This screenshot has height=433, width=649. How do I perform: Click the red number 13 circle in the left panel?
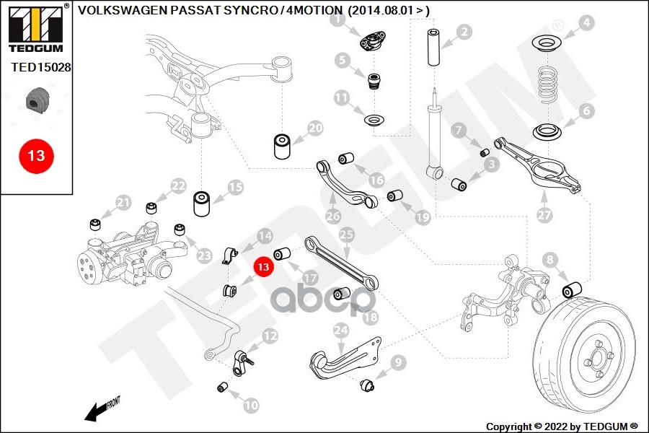point(36,155)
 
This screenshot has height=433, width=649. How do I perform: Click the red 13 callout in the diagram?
point(263,266)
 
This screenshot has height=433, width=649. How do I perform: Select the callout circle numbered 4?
point(586,23)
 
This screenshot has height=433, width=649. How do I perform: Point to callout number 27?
point(544,214)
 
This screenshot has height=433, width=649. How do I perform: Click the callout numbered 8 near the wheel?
point(550,259)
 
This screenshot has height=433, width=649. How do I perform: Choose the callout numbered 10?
point(250,406)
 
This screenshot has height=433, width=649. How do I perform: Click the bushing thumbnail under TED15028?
point(35,101)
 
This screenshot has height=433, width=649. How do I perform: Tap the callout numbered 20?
point(315,128)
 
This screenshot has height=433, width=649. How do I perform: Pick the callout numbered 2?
point(464,32)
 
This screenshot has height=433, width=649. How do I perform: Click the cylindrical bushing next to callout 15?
point(202,204)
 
